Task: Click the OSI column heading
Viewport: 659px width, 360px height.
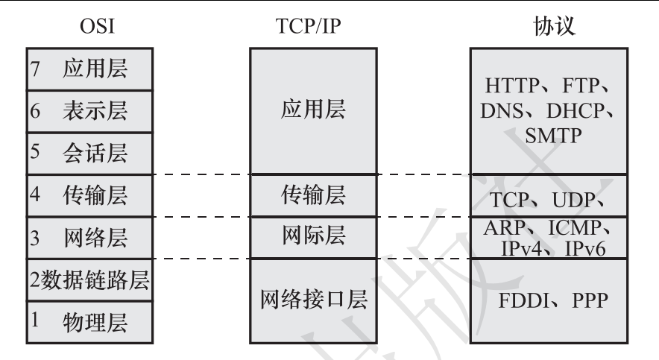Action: [x=98, y=28]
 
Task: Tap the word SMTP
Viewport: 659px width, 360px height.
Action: [x=552, y=139]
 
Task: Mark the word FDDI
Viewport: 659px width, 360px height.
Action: [x=525, y=301]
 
